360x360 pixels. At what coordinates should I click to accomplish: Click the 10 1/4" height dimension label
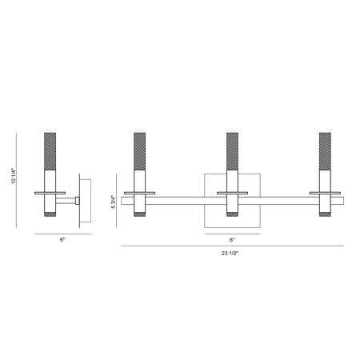[14, 176]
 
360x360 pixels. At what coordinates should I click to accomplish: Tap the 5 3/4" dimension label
[114, 202]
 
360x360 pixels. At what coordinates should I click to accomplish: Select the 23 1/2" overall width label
[230, 254]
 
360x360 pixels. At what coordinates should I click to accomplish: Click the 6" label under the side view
[62, 239]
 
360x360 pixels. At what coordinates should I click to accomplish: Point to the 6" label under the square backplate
[232, 240]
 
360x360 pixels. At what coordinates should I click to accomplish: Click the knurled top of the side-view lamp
[50, 151]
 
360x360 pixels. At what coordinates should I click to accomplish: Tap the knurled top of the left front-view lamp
[140, 151]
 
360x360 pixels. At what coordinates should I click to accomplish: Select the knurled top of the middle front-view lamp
[232, 151]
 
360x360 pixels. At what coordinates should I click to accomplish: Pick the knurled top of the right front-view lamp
[325, 151]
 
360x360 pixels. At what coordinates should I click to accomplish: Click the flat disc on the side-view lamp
[50, 193]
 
